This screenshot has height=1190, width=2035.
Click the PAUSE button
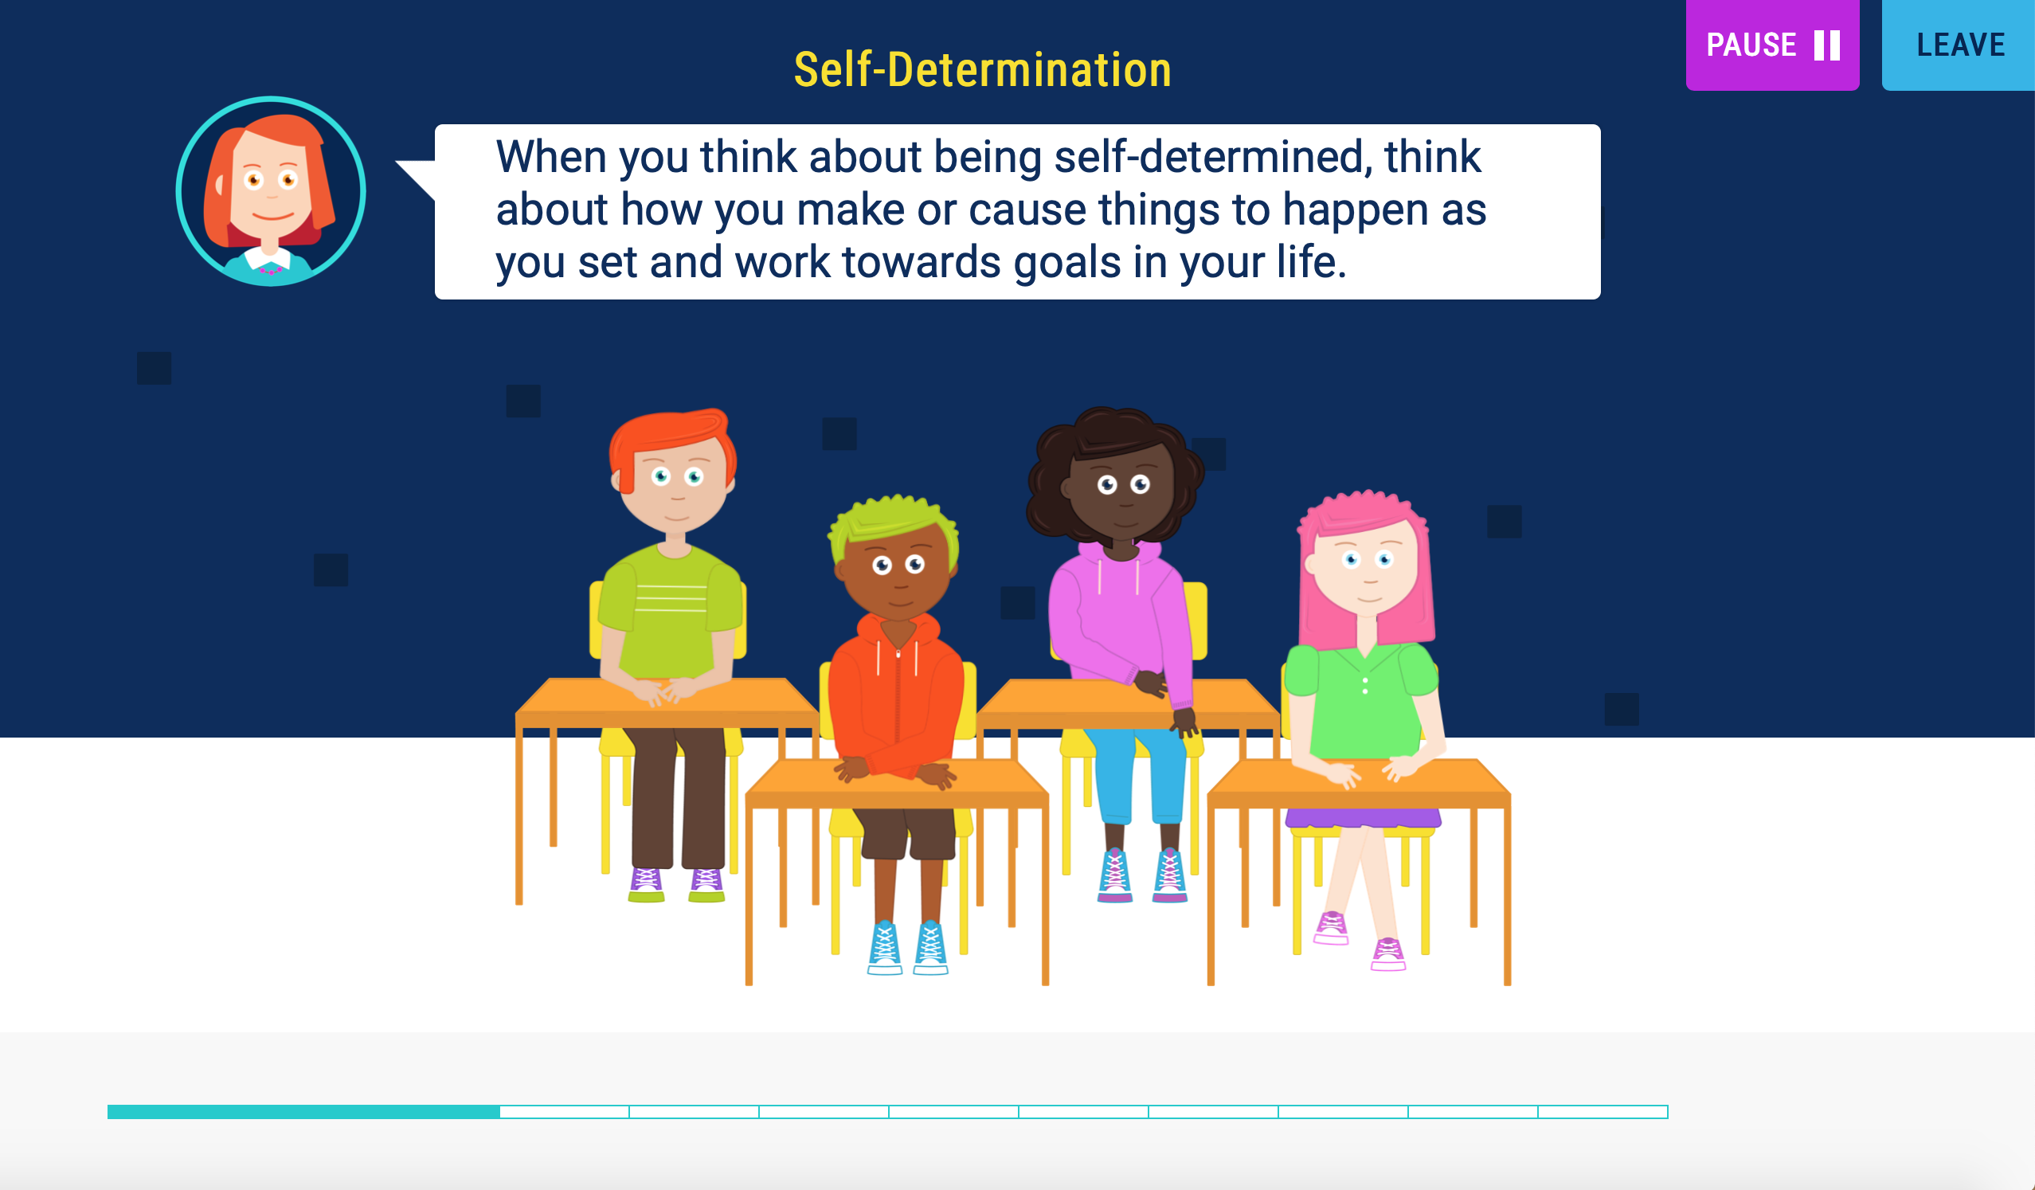(x=1771, y=45)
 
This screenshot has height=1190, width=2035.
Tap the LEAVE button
(x=1959, y=45)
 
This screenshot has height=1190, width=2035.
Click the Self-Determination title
(x=982, y=69)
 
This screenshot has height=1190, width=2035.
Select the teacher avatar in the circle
(x=271, y=191)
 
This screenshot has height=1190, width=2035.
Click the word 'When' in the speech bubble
(x=551, y=157)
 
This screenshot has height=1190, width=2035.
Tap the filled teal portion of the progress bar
(x=303, y=1112)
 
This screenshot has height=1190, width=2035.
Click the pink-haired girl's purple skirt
(x=1363, y=818)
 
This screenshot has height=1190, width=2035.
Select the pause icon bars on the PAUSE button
(x=1827, y=45)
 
